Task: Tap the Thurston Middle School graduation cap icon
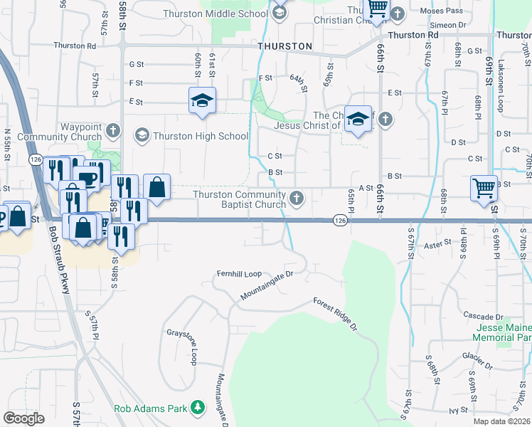pyautogui.click(x=279, y=11)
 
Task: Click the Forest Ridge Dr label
pyautogui.click(x=334, y=312)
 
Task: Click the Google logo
pyautogui.click(x=24, y=418)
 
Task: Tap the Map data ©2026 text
pyautogui.click(x=502, y=421)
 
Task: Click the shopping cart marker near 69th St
pyautogui.click(x=484, y=189)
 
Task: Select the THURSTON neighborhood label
pyautogui.click(x=284, y=46)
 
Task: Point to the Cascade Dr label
pyautogui.click(x=483, y=316)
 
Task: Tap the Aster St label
pyautogui.click(x=437, y=243)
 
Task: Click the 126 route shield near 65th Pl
pyautogui.click(x=340, y=222)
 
